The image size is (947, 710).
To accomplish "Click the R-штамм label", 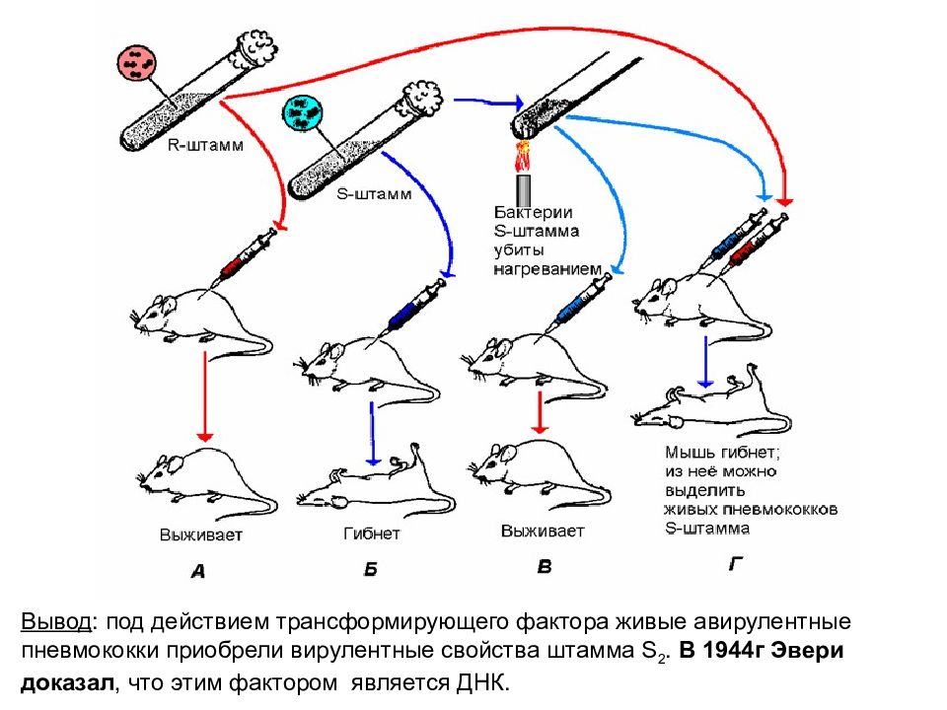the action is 205,146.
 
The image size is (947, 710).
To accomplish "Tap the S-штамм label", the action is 374,194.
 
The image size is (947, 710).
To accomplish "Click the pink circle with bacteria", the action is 136,63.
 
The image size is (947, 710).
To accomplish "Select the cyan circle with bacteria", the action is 303,112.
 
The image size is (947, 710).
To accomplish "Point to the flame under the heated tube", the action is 523,156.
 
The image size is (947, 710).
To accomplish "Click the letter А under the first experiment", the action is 198,571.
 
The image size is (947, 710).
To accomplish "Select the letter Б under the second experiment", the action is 371,569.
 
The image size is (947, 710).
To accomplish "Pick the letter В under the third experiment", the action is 545,566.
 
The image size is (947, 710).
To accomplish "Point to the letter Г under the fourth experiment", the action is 734,563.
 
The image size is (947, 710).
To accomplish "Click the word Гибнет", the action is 372,533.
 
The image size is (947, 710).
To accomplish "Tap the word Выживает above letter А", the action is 200,534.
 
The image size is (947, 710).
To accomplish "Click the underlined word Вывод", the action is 57,621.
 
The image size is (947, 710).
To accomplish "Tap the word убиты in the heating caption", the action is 519,249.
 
